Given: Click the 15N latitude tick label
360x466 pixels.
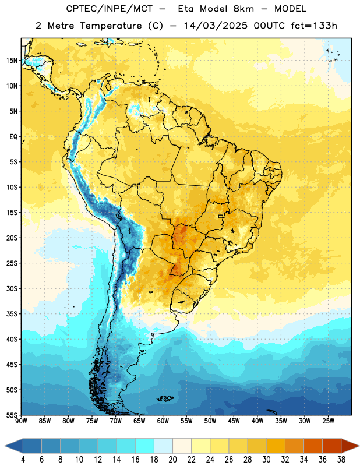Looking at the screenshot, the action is (12, 61).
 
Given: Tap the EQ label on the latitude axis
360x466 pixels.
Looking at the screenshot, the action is (13, 137).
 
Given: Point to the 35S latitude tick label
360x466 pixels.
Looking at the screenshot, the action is (12, 314).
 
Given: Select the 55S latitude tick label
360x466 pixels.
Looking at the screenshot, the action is (12, 415).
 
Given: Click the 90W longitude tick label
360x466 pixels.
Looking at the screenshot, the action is (22, 421).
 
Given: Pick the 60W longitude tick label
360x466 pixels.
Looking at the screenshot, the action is (163, 421).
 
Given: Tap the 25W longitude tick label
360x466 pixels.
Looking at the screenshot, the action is (328, 421).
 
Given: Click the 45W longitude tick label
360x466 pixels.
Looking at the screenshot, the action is (234, 421).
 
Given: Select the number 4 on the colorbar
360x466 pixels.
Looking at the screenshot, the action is (23, 460).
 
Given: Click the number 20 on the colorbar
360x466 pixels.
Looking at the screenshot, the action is (172, 460).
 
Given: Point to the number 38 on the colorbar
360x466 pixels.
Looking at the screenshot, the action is (341, 460).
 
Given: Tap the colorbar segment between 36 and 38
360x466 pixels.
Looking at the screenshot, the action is (332, 446).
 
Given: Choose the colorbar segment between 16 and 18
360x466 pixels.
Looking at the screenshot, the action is (145, 446).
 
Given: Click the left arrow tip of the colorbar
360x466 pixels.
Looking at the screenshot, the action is (5, 446).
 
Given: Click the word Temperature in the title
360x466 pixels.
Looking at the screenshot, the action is (111, 26).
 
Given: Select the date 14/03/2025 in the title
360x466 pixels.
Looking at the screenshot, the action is (216, 26).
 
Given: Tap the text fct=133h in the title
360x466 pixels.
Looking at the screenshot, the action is (314, 26).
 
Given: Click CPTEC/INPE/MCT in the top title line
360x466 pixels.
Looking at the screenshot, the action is (109, 9).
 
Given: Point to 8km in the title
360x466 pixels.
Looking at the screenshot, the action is (243, 9).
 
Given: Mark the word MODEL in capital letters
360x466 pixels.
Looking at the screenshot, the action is (290, 9).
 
